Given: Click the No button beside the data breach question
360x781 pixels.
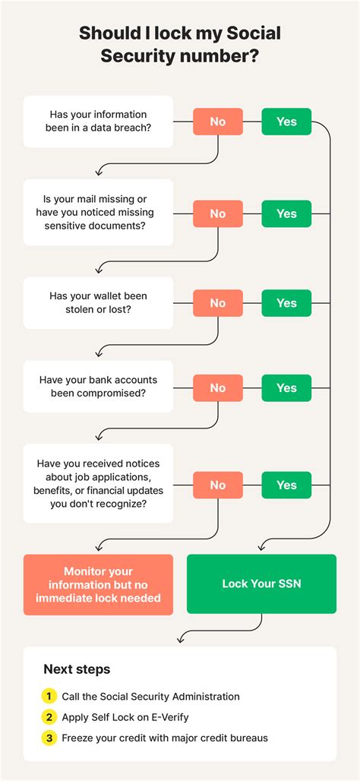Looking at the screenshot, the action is pyautogui.click(x=218, y=122).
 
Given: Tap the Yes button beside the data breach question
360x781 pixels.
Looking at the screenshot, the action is pyautogui.click(x=286, y=122).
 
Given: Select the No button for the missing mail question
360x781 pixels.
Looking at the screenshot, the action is pyautogui.click(x=218, y=213).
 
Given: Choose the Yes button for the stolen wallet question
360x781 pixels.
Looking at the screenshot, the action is pyautogui.click(x=286, y=303).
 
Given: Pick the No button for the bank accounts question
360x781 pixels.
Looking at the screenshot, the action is pyautogui.click(x=218, y=388).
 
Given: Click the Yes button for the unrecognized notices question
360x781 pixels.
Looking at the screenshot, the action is pyautogui.click(x=286, y=485).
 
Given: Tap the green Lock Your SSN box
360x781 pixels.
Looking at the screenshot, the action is pyautogui.click(x=261, y=583).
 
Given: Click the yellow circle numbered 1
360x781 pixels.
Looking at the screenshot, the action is pyautogui.click(x=49, y=697).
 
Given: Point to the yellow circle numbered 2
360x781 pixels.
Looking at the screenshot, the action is pyautogui.click(x=49, y=717).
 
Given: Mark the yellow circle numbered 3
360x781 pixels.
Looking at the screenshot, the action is pyautogui.click(x=49, y=738).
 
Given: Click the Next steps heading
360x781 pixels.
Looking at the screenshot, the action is pyautogui.click(x=77, y=669).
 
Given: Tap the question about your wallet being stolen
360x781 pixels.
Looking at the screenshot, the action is pyautogui.click(x=98, y=303).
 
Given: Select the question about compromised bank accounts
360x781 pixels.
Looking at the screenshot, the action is pyautogui.click(x=98, y=387).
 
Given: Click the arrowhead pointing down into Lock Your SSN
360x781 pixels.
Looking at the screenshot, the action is pyautogui.click(x=261, y=546).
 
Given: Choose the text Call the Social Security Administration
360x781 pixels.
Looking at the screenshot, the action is pyautogui.click(x=151, y=697).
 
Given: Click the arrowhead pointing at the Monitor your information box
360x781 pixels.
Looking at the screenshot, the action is pyautogui.click(x=99, y=546).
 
